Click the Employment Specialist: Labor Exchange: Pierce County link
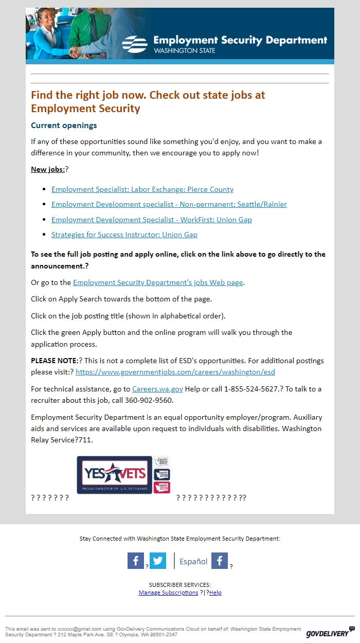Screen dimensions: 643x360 click(x=142, y=189)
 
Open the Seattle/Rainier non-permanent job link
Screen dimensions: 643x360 click(x=169, y=204)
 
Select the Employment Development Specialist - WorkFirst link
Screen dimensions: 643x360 click(x=151, y=220)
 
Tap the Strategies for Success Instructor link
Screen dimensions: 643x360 click(x=124, y=235)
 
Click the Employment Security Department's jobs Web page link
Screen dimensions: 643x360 click(x=158, y=282)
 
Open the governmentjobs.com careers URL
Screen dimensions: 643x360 click(x=175, y=371)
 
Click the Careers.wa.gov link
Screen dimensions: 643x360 click(x=157, y=389)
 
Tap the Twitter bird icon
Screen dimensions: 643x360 click(x=158, y=561)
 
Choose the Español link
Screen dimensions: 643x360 click(x=193, y=562)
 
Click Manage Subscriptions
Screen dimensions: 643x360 click(x=168, y=593)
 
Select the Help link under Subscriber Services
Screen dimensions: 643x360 click(x=215, y=593)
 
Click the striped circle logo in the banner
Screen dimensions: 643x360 click(x=135, y=44)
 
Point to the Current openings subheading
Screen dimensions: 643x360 click(x=64, y=126)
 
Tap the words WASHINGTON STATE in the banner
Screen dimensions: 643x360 click(x=184, y=51)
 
